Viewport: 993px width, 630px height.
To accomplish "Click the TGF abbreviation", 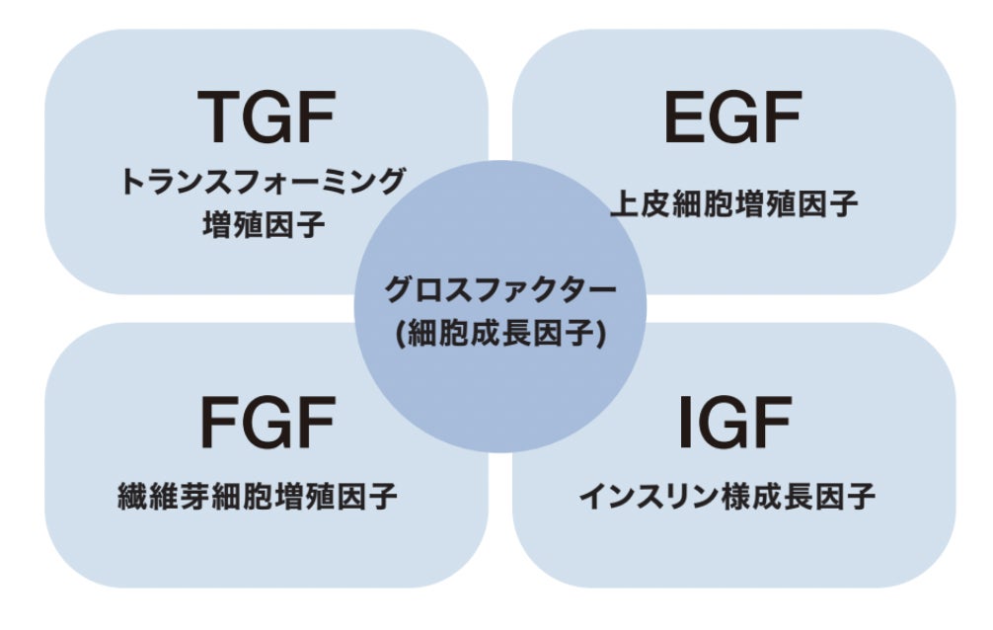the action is click(266, 118).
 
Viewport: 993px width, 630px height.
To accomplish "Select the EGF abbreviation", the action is click(732, 118).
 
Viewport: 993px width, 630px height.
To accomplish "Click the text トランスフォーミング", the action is click(264, 183).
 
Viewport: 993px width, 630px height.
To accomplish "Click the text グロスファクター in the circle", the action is click(500, 291).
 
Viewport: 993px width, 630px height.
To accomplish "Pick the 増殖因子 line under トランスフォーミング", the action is click(264, 226).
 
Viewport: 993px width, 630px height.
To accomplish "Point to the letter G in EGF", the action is click(732, 118).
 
